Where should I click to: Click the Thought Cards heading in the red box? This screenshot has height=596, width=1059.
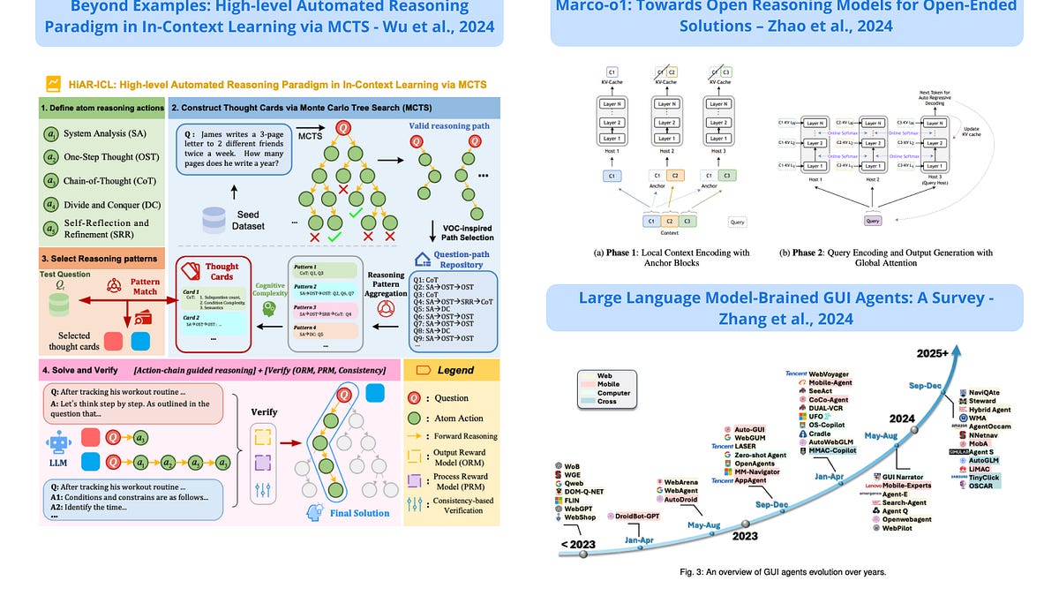coord(222,269)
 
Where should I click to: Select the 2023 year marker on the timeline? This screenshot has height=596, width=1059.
coord(744,535)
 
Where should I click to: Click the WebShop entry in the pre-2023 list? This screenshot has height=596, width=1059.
coord(578,517)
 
